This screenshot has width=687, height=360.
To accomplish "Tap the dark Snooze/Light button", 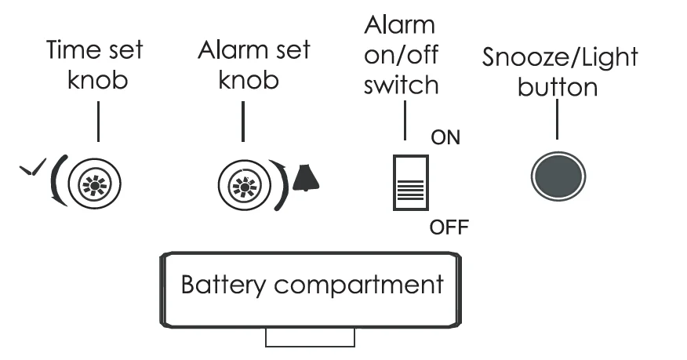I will (x=558, y=174).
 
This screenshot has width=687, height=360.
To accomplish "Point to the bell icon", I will (x=307, y=180).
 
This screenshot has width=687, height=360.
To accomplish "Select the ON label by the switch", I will (x=446, y=138).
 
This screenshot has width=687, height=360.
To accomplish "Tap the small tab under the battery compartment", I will (x=311, y=338).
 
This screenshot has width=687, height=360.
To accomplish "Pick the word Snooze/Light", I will (x=560, y=57).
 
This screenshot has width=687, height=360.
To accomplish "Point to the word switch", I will (x=400, y=84).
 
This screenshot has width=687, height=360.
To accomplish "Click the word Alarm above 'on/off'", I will (x=399, y=24).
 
